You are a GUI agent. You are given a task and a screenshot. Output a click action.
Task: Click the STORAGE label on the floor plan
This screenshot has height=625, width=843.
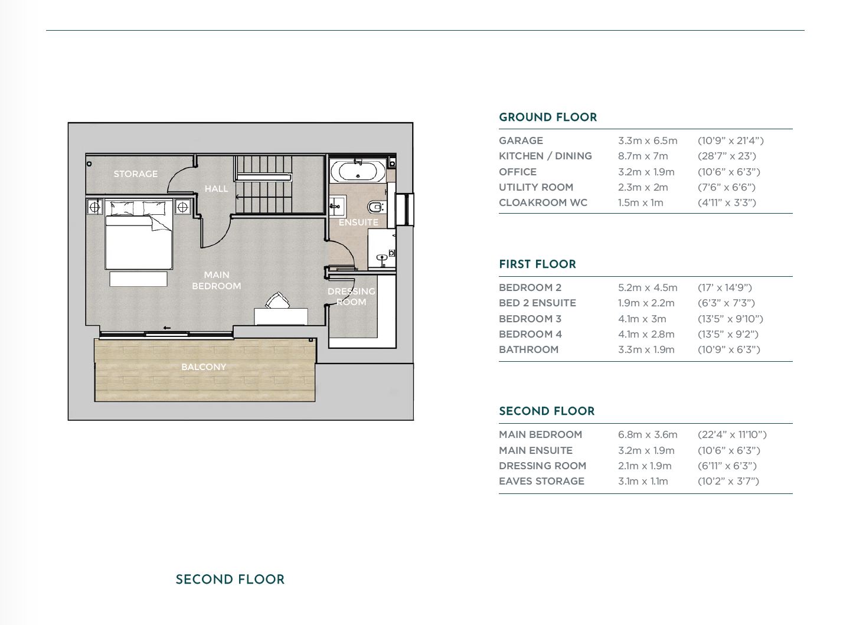135,174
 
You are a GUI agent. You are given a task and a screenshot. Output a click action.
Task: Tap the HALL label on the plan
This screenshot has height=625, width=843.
216,189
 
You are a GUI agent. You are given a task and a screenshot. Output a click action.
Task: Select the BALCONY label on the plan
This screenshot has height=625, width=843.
204,367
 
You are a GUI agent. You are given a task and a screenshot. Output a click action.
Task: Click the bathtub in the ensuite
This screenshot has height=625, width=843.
358,171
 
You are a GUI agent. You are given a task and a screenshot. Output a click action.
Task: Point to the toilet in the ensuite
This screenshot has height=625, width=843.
375,207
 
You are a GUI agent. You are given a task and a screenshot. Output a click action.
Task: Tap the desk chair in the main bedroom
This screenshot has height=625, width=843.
278,301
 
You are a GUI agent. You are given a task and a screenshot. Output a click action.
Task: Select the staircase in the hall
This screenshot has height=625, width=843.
263,184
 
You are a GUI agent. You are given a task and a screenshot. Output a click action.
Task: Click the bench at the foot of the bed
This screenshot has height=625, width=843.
138,279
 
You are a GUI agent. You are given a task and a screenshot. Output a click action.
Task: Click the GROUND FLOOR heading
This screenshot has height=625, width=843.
547,117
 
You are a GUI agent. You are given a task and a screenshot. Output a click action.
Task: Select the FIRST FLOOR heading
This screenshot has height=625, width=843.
537,264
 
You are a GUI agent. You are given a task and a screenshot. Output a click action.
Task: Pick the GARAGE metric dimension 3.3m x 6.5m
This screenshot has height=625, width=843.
648,140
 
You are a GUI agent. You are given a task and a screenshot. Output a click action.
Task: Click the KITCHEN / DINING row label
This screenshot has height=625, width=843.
545,156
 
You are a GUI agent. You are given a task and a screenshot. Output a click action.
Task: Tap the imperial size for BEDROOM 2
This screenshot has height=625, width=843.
724,288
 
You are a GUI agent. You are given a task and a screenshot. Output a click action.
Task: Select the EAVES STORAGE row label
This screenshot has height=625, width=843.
541,481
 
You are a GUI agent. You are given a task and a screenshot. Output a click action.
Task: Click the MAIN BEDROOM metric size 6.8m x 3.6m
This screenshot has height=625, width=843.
648,435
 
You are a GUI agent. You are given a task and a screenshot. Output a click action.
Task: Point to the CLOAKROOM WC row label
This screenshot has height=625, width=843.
543,202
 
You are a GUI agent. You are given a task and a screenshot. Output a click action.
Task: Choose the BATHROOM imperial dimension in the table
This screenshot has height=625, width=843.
728,349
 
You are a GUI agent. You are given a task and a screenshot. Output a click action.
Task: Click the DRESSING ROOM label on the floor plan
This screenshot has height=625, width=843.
351,296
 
